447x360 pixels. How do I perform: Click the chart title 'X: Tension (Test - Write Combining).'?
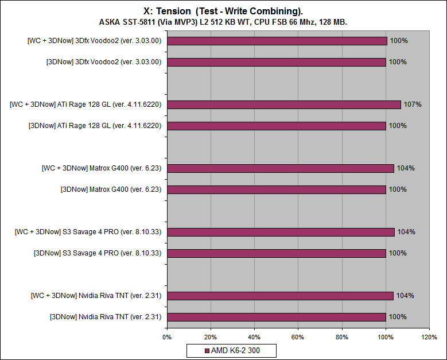pyautogui.click(x=223, y=10)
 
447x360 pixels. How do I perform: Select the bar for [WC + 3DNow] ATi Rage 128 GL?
pyautogui.click(x=284, y=104)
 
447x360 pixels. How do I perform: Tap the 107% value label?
pyautogui.click(x=413, y=104)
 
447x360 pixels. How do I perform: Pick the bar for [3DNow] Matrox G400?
pyautogui.click(x=277, y=189)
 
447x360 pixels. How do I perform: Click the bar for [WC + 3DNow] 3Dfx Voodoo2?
pyautogui.click(x=277, y=41)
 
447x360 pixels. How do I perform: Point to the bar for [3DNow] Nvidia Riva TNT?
pyautogui.click(x=277, y=316)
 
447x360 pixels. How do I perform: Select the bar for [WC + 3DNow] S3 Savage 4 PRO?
pyautogui.click(x=281, y=232)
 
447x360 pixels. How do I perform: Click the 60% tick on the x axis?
pyautogui.click(x=298, y=337)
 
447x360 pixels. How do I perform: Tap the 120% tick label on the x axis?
pyautogui.click(x=429, y=337)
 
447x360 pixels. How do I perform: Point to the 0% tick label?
pyautogui.click(x=167, y=337)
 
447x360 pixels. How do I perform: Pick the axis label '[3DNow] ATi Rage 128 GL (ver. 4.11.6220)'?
pyautogui.click(x=95, y=126)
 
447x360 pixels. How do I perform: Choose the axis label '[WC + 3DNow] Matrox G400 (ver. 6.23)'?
pyautogui.click(x=101, y=168)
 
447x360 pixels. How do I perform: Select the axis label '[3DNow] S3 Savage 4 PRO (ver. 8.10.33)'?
pyautogui.click(x=98, y=253)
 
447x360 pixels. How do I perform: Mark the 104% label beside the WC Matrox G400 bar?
pyautogui.click(x=406, y=168)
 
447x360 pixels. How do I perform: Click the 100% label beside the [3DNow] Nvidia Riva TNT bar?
pyautogui.click(x=398, y=317)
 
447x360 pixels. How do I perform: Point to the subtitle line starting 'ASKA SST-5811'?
pyautogui.click(x=223, y=22)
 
